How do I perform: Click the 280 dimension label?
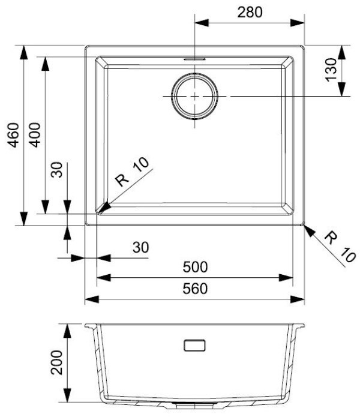tap(250, 12)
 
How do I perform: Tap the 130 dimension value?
tap(331, 70)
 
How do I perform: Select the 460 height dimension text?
tap(13, 135)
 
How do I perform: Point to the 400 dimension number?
tap(35, 135)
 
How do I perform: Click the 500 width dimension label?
tap(195, 267)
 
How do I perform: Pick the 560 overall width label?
tap(195, 289)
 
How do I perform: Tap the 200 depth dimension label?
tap(56, 362)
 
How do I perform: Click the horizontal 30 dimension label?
tap(140, 247)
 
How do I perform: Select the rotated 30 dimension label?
tap(56, 170)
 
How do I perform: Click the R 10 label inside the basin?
tap(132, 172)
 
